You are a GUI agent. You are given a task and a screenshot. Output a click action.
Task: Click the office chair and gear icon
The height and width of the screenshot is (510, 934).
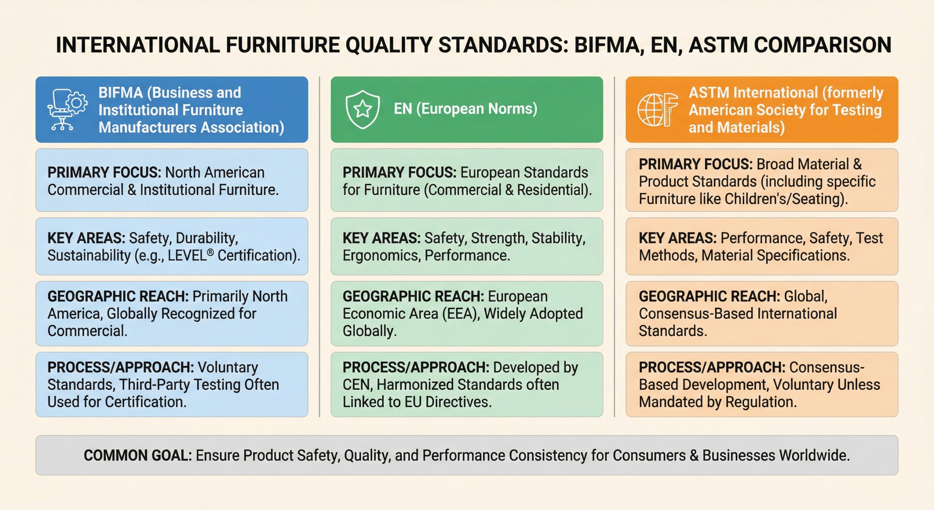click(x=67, y=110)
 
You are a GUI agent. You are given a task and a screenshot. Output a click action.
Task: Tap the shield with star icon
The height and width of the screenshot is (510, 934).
click(x=363, y=109)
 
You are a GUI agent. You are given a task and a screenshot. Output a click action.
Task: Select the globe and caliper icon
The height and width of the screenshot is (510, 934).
click(x=657, y=110)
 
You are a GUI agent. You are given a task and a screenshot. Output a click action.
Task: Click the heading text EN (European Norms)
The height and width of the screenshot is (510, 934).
click(x=465, y=109)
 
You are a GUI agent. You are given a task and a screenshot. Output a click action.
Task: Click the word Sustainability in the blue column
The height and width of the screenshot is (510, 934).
click(x=89, y=255)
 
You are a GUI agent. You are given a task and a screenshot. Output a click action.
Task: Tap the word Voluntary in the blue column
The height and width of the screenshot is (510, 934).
click(x=228, y=368)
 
